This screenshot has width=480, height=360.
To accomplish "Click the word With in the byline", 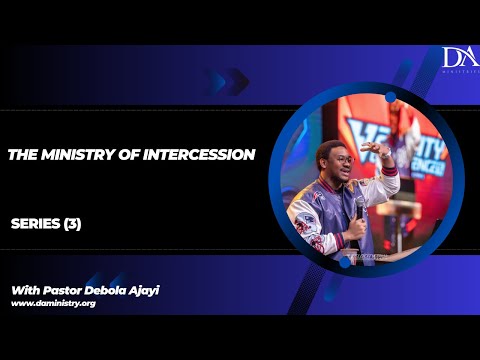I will (27, 289).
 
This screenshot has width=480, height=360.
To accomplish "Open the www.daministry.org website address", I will (53, 302).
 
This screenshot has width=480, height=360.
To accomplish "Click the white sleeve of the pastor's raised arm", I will (385, 181).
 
